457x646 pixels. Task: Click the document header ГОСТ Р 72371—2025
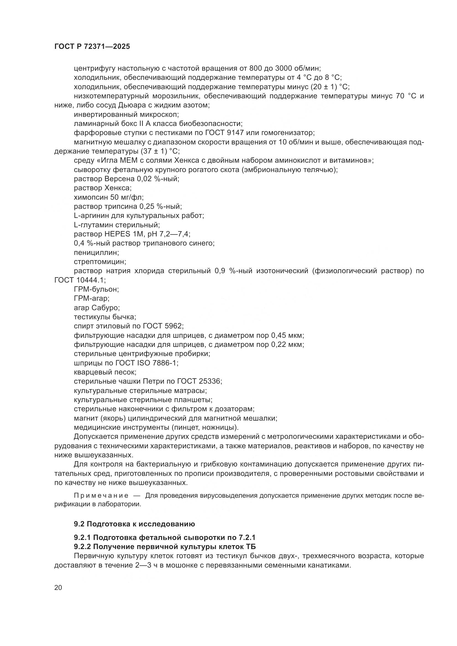(92, 47)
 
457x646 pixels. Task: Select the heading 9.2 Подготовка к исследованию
(134, 524)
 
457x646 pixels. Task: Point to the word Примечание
(101, 495)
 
